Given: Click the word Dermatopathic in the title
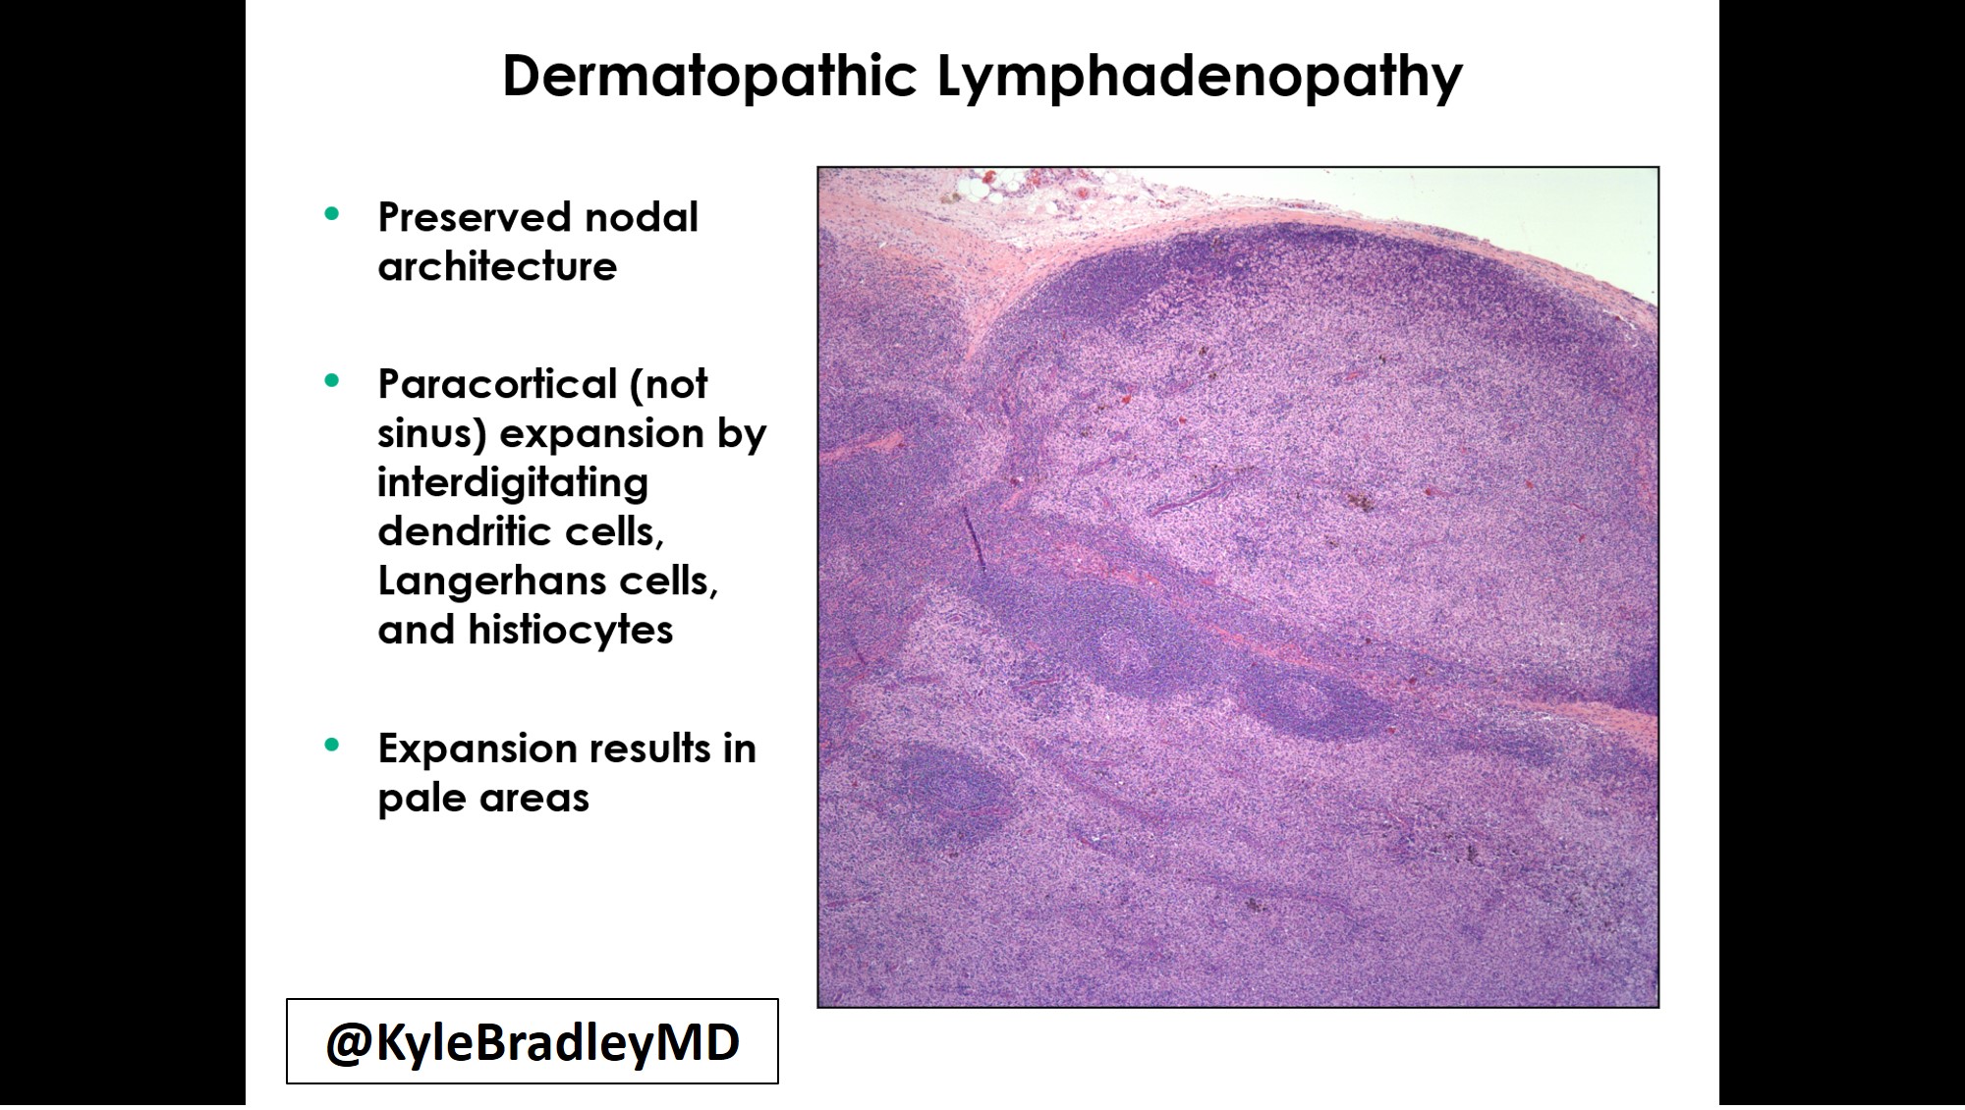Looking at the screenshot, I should pyautogui.click(x=709, y=76).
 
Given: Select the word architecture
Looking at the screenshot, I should pyautogui.click(x=497, y=266).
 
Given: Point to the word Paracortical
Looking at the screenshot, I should pyautogui.click(x=497, y=384).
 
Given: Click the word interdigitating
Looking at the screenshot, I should pyautogui.click(x=513, y=483).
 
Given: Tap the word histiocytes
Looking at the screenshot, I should pyautogui.click(x=570, y=630).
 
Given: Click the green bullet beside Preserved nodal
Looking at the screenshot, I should pyautogui.click(x=332, y=213).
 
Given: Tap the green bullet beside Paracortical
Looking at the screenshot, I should pyautogui.click(x=332, y=380).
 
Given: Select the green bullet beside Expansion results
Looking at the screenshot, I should pyautogui.click(x=332, y=745).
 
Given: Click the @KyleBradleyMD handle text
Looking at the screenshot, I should pyautogui.click(x=533, y=1042).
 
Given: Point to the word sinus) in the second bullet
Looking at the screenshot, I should pyautogui.click(x=432, y=433).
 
